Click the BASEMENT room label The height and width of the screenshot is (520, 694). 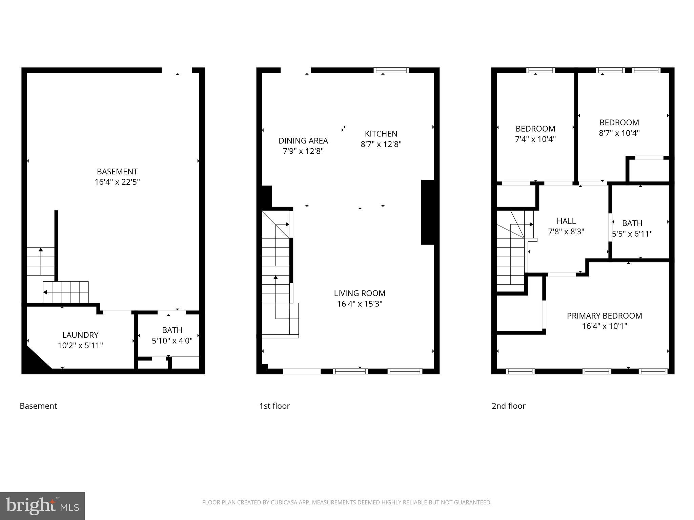[x=117, y=172]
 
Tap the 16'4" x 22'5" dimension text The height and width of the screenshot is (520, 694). [x=117, y=182]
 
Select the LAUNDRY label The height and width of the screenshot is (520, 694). [x=80, y=335]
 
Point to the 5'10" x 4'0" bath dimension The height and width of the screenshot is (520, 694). [x=172, y=341]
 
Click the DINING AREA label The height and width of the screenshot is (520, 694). [x=303, y=140]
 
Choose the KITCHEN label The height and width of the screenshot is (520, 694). [x=381, y=134]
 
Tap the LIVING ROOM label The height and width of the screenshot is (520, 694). [x=360, y=293]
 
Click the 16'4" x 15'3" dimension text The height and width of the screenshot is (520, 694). [x=360, y=304]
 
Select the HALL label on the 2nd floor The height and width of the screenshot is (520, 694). [x=566, y=221]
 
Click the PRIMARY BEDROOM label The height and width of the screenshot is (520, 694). [x=604, y=316]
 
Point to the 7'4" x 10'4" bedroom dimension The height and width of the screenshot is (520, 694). [x=535, y=139]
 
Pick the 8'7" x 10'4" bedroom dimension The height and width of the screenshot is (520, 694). [x=619, y=133]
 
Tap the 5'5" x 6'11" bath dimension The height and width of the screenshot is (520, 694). [x=632, y=234]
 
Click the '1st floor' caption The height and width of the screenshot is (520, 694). [x=274, y=406]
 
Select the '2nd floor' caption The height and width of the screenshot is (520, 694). [x=508, y=406]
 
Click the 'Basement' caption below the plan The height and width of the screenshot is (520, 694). [x=38, y=406]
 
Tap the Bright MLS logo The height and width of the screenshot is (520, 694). [x=42, y=506]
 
